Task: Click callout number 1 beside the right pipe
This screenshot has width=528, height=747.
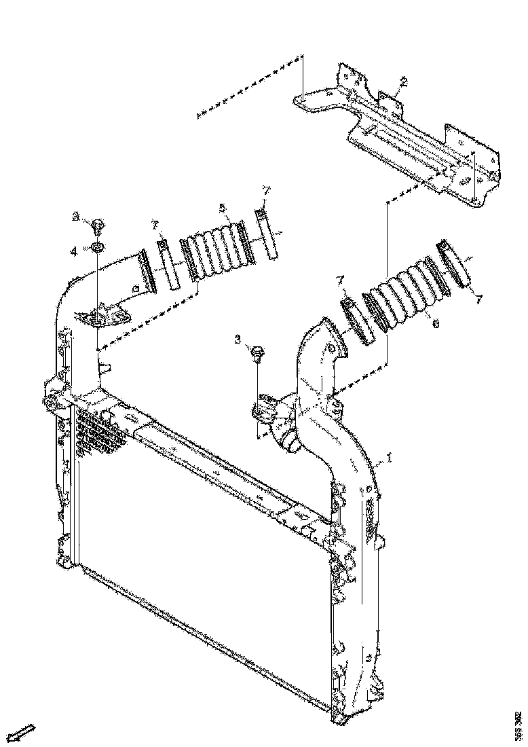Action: coord(389,459)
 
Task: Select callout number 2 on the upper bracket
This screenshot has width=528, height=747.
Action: coord(403,82)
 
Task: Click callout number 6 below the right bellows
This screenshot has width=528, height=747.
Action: coord(435,324)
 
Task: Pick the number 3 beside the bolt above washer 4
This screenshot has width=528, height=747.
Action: coord(77,217)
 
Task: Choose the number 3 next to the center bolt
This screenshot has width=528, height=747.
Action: coord(238,338)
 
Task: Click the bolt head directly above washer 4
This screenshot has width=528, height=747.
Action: coord(97,223)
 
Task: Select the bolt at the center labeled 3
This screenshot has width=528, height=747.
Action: coord(258,353)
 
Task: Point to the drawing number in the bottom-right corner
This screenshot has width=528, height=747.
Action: coord(518,725)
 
